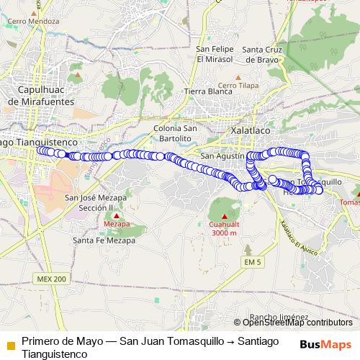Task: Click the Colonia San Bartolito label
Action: coord(172,132)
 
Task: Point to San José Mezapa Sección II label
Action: coord(96,202)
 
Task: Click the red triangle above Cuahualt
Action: coord(223,216)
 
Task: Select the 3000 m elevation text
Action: coord(223,233)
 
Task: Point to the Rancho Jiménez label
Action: coord(280,316)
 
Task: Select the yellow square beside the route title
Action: coord(10,345)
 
